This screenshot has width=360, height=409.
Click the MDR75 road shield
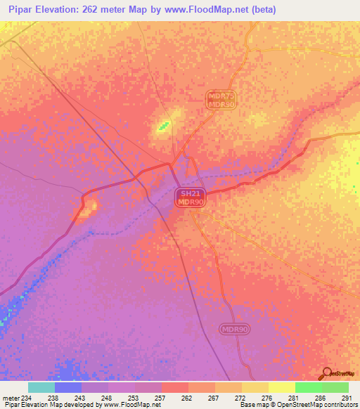(x=220, y=95)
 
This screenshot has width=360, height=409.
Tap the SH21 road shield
(x=187, y=193)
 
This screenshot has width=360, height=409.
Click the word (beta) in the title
(x=260, y=10)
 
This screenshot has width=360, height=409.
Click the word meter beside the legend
(x=10, y=397)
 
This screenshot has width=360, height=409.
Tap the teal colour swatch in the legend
(x=41, y=387)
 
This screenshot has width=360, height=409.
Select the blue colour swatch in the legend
(x=68, y=387)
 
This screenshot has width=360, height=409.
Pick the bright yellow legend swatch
(x=281, y=387)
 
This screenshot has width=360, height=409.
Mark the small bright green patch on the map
(x=163, y=126)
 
